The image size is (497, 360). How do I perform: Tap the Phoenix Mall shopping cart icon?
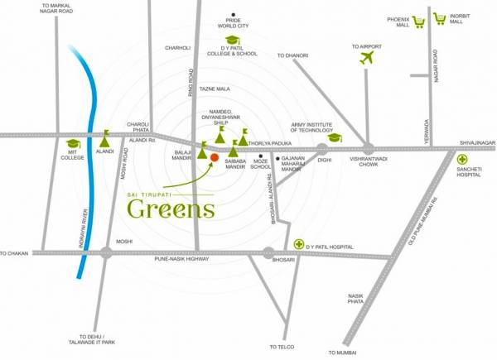419,22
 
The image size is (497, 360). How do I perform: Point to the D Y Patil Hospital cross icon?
299,244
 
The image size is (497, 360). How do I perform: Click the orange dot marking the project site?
214,156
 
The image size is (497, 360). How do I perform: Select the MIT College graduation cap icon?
72,142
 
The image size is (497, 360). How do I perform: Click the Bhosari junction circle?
268,254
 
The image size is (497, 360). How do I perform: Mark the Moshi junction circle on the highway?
106,253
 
